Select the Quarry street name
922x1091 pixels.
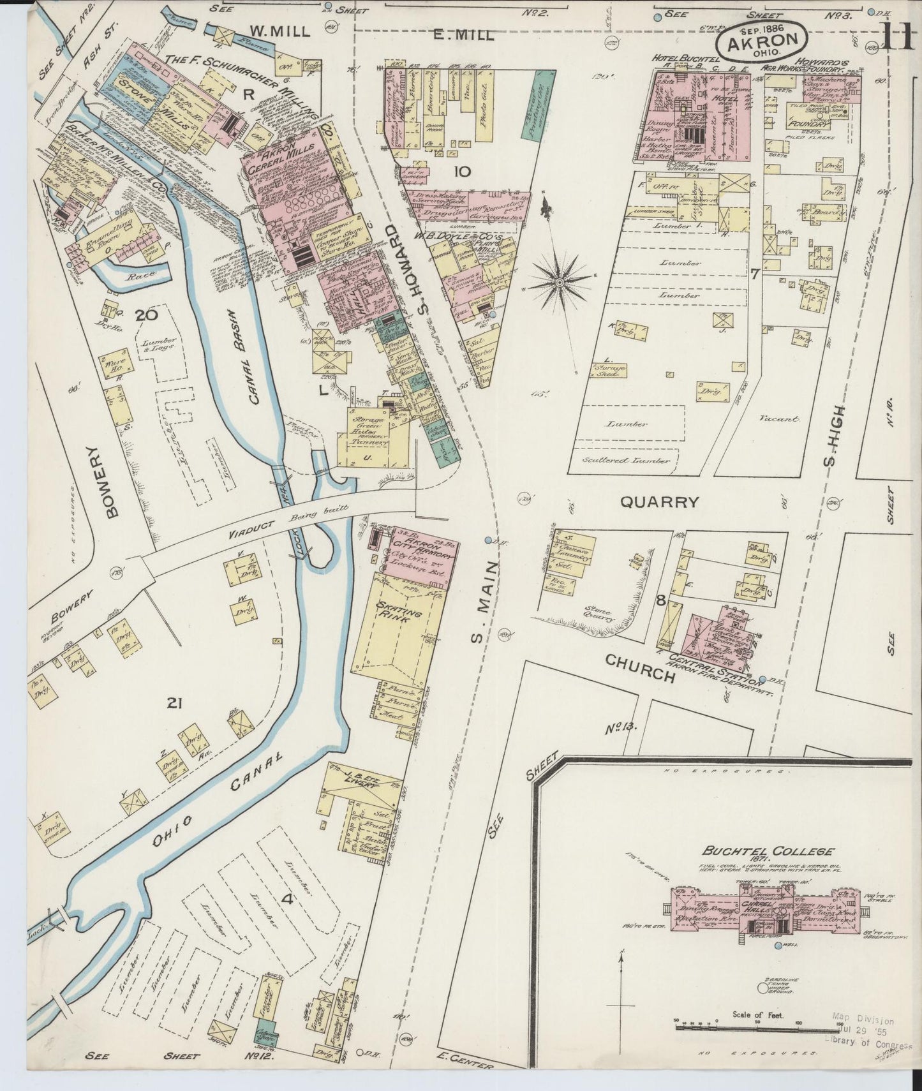[660, 502]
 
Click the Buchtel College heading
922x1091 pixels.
[768, 851]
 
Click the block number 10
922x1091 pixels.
[462, 171]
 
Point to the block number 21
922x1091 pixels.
[175, 703]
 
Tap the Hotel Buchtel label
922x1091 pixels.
[677, 58]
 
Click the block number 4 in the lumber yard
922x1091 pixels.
[287, 900]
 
